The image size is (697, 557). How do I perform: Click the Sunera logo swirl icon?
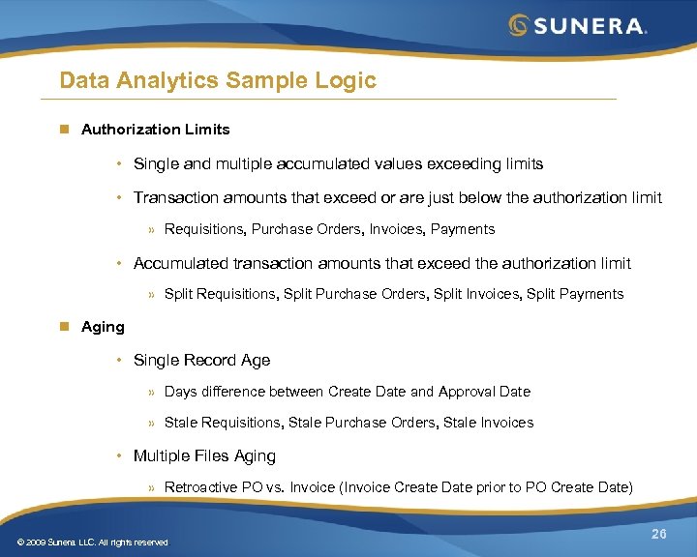pos(520,25)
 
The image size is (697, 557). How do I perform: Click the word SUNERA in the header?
pos(588,26)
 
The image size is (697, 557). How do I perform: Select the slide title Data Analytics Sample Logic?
pos(217,80)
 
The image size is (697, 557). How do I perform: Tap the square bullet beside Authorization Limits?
pos(65,129)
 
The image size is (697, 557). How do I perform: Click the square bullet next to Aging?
pos(65,327)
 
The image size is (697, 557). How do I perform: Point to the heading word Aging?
pos(103,327)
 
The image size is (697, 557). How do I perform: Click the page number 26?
pos(659,535)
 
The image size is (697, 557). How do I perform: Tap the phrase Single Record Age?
pos(201,360)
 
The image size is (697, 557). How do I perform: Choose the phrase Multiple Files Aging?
pos(204,455)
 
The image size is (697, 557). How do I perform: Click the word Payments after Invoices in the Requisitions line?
pos(462,229)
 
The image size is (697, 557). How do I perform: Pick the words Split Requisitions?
pos(220,294)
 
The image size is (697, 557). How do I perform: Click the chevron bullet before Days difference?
pos(152,393)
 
